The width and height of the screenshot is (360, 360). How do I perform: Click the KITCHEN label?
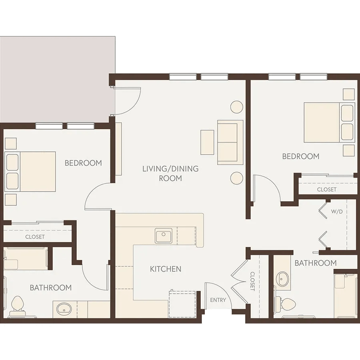[166, 269]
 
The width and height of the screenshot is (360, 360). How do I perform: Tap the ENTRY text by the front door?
[218, 300]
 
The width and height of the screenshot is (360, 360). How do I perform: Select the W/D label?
[337, 212]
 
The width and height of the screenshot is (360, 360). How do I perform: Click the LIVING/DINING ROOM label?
[170, 173]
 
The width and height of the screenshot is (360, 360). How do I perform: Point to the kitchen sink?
[164, 236]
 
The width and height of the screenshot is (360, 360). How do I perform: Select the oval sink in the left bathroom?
[64, 310]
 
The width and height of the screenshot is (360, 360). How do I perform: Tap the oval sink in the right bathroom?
[282, 279]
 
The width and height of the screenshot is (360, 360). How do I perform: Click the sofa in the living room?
[230, 142]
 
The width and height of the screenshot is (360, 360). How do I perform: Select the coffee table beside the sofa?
[207, 142]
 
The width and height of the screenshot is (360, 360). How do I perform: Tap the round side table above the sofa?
[237, 107]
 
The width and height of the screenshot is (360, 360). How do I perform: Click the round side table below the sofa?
[237, 178]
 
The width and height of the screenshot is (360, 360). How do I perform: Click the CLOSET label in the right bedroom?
[326, 190]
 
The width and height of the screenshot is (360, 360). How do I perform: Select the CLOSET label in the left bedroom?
[35, 237]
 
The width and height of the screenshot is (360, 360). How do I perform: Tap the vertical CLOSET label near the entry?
[252, 281]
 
